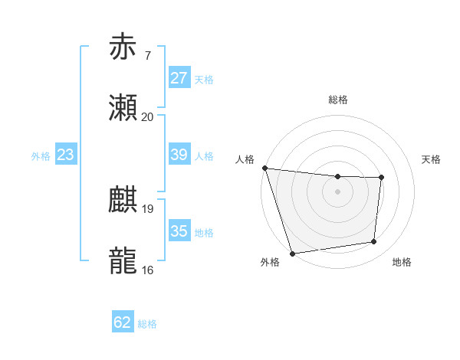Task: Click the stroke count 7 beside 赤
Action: click(147, 56)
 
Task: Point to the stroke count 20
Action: click(147, 117)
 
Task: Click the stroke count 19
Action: click(147, 208)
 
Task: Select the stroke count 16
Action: click(147, 270)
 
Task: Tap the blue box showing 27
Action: click(179, 78)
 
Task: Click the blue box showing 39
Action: click(179, 155)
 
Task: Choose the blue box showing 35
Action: click(179, 231)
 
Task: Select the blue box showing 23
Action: click(66, 155)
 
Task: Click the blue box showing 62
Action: click(123, 322)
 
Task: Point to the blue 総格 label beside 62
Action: click(147, 324)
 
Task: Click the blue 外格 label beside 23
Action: click(41, 155)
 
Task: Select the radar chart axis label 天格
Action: click(432, 159)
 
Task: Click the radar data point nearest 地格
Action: click(374, 242)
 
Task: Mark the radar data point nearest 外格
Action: click(292, 253)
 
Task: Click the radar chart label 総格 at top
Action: click(338, 100)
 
